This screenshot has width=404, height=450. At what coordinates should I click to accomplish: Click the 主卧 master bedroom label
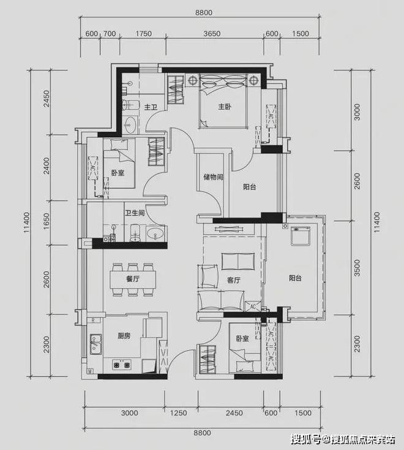click(225, 107)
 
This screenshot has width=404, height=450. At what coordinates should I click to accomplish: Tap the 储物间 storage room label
click(213, 177)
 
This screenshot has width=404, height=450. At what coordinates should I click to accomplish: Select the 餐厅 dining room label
click(133, 279)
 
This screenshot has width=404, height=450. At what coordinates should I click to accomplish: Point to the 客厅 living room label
click(233, 280)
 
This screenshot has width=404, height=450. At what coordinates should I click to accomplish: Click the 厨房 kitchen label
click(124, 336)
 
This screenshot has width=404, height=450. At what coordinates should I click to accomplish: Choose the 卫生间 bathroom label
click(135, 213)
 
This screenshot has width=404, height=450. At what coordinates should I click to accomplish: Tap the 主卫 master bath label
click(151, 107)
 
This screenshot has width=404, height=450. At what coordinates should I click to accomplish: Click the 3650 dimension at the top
click(212, 34)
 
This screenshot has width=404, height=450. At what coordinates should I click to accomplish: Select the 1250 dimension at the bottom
click(179, 413)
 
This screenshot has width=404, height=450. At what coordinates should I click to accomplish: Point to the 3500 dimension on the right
click(357, 268)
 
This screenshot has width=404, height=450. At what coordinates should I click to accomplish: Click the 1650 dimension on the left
click(46, 221)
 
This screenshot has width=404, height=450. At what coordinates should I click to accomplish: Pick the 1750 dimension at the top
click(144, 34)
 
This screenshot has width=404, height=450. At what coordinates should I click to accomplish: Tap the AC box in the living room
click(253, 306)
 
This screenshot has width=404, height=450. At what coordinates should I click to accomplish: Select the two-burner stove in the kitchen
click(121, 365)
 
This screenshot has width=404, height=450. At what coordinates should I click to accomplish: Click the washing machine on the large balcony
click(301, 236)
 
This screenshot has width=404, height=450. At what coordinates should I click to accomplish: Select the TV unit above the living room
click(229, 229)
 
